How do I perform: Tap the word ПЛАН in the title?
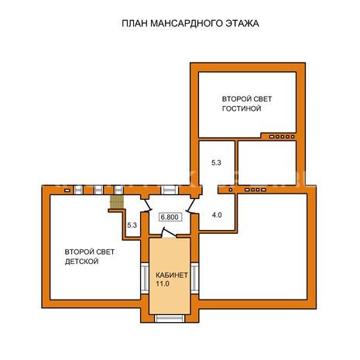135,23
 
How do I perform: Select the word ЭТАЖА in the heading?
242,23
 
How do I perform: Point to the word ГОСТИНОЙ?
242,108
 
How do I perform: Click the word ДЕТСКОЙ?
81,262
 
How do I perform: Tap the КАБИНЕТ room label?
172,275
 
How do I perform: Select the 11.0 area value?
163,283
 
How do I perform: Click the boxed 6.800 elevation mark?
170,217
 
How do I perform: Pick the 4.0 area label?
217,214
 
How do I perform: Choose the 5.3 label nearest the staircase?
132,225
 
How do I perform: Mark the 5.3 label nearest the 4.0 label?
216,163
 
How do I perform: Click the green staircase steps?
116,201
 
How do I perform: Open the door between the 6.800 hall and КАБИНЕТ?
169,232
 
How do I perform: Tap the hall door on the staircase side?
146,204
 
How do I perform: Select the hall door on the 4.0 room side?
191,205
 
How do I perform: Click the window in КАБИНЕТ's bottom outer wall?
170,318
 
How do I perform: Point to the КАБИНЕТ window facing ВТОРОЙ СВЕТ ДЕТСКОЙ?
145,278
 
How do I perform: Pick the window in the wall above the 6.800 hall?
170,190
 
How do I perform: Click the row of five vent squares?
282,137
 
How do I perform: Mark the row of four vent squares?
255,190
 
